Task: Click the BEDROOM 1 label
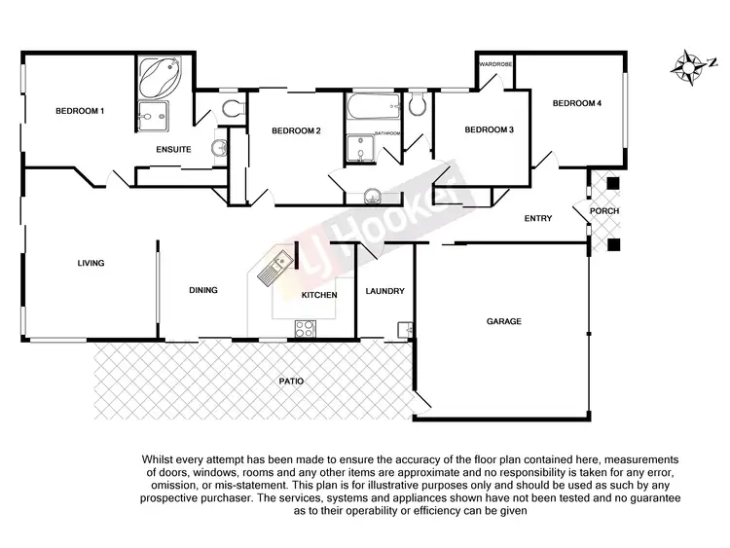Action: click(79, 112)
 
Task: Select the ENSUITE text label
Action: click(173, 149)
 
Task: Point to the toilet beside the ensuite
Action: click(230, 109)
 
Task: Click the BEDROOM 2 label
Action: click(296, 130)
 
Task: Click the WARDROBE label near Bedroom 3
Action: click(495, 64)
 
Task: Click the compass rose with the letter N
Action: click(691, 67)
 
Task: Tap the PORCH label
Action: click(605, 211)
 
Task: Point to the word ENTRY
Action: click(537, 218)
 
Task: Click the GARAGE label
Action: click(504, 320)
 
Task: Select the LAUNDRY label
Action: click(384, 291)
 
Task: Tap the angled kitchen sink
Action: click(274, 269)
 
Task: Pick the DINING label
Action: click(202, 289)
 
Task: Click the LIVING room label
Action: click(91, 263)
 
